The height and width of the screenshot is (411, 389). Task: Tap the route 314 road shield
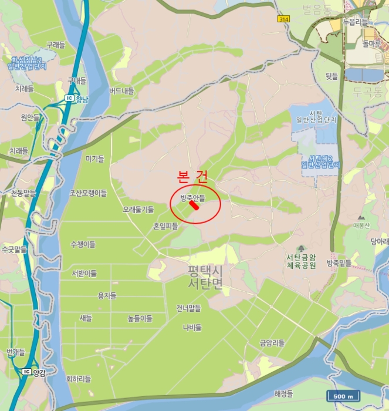coord(284,19)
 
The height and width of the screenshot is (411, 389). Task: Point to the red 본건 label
coord(192,176)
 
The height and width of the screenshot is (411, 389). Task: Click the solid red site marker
coord(194,205)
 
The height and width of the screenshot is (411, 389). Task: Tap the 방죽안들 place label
coord(193,197)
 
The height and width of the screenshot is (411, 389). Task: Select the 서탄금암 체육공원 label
coord(302,261)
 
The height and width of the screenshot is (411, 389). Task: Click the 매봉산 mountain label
coord(361,225)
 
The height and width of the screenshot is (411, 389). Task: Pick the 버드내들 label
coord(121,91)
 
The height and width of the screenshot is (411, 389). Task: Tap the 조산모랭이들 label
coord(88,193)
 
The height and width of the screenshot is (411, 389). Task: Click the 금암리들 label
coord(272,343)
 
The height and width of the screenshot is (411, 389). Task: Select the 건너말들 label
coord(188,308)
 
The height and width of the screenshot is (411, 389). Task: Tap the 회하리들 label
coord(79,379)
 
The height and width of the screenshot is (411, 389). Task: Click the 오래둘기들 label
coord(138,209)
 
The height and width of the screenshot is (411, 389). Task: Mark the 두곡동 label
coord(368,92)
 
